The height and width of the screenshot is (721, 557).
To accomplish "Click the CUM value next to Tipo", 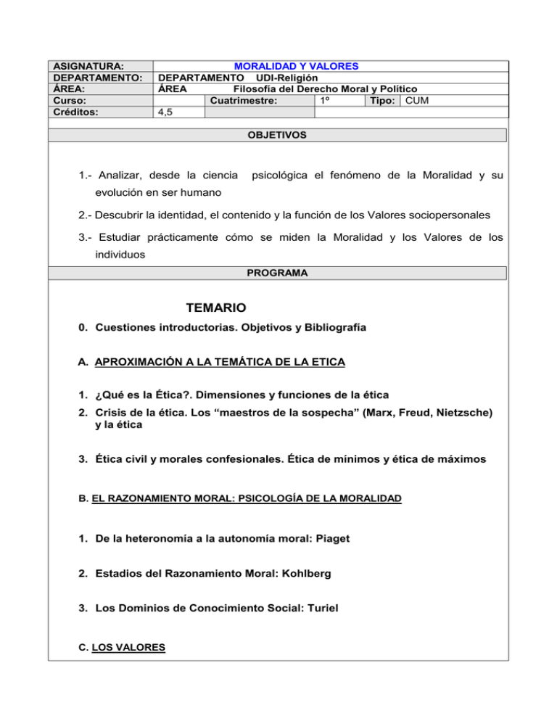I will pos(418,101).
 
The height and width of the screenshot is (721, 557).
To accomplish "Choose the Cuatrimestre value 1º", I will pos(326,101).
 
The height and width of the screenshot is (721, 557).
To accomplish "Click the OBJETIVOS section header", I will pos(278,135).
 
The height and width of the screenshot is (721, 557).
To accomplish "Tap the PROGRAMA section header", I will pos(278,273).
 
